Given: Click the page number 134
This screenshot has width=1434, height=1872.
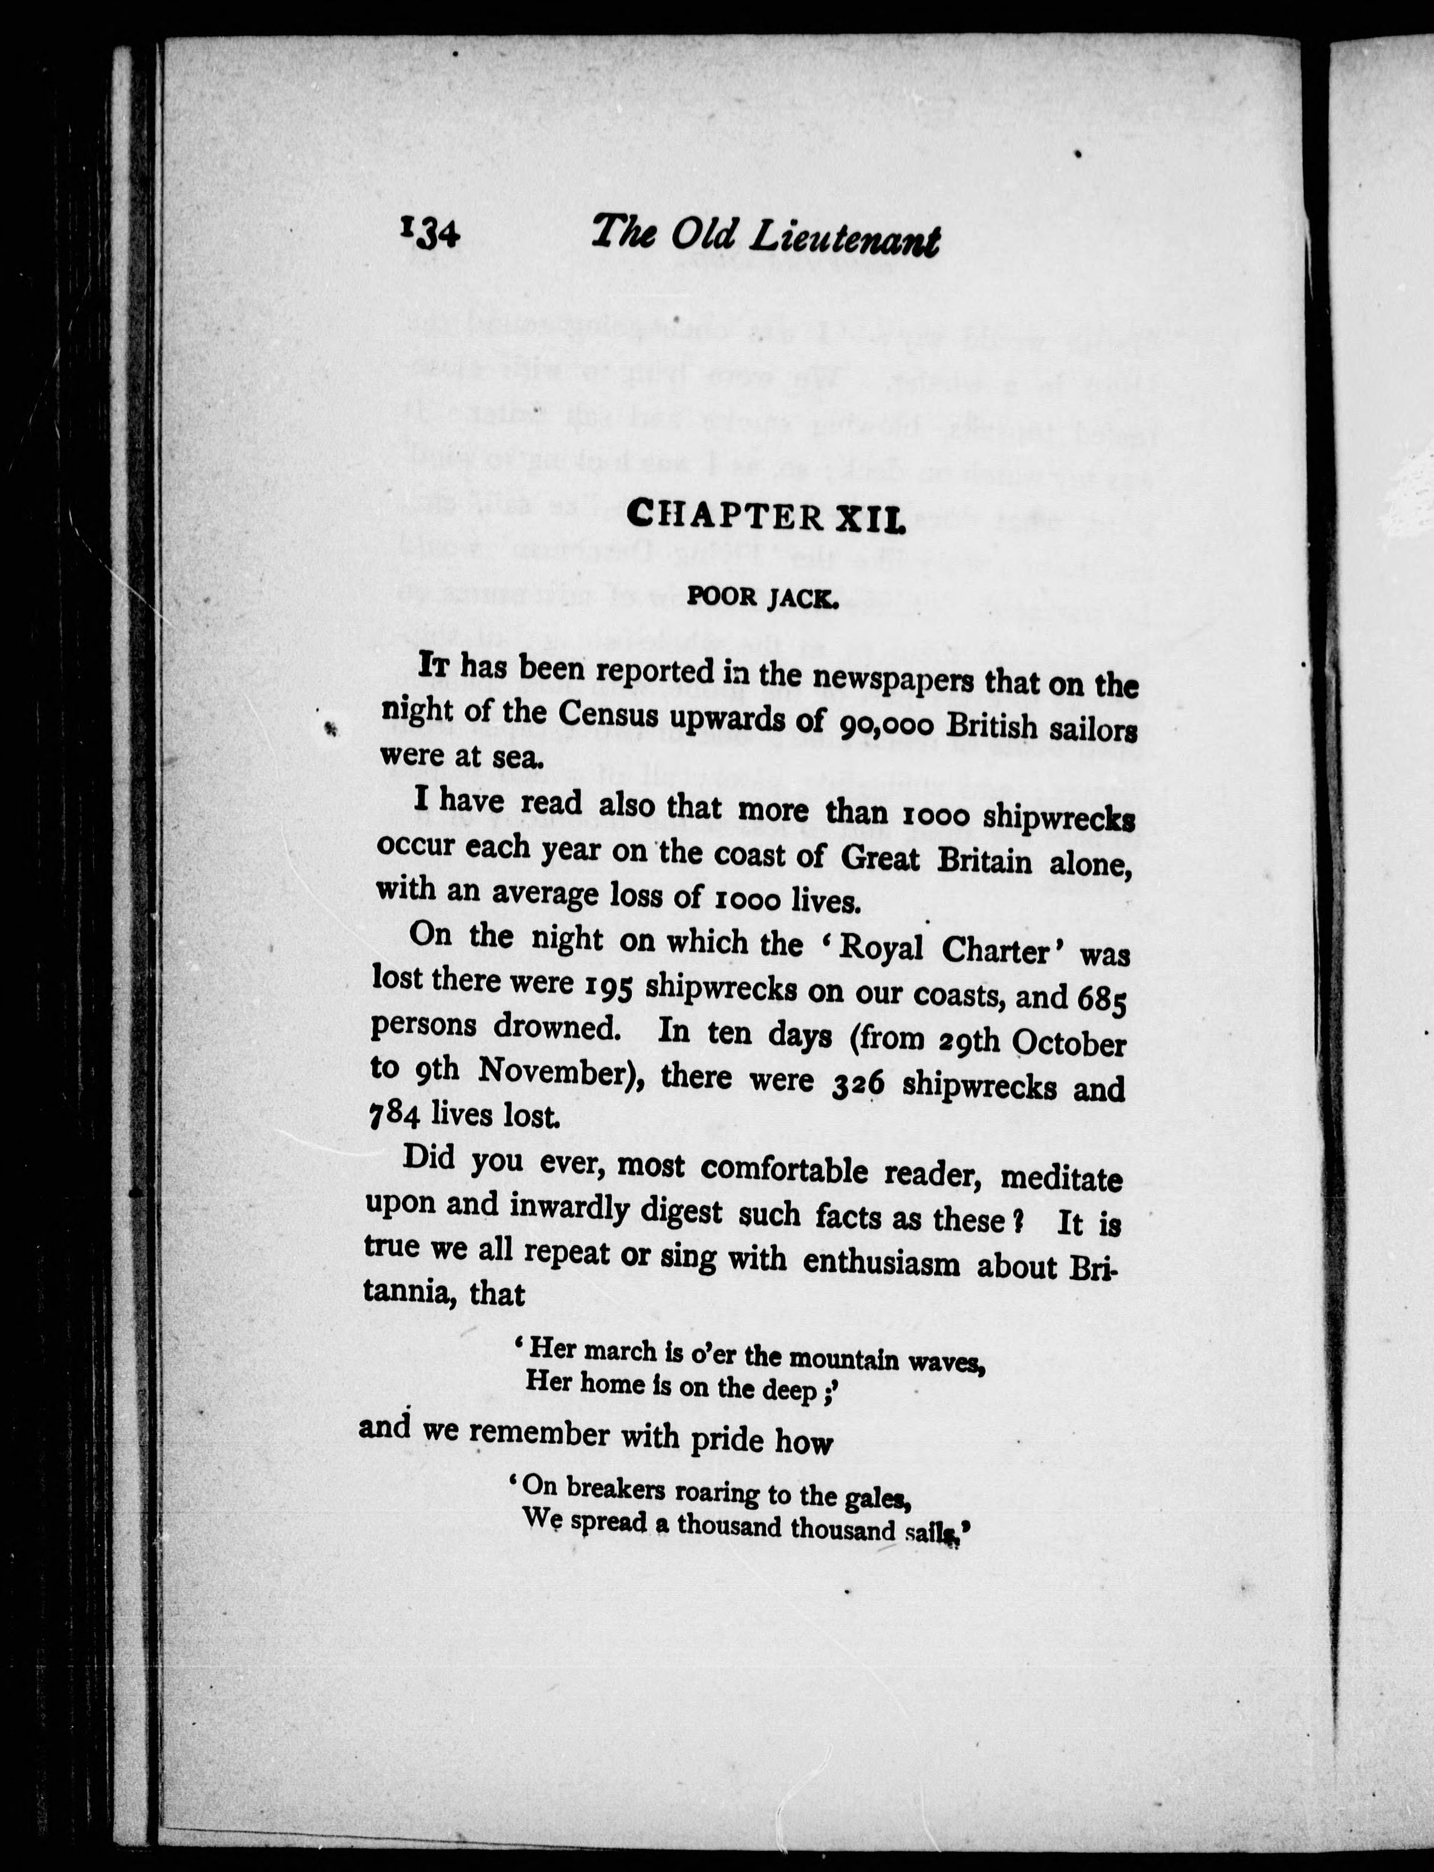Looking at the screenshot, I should [429, 232].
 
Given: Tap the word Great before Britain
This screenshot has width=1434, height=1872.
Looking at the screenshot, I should [880, 859].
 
